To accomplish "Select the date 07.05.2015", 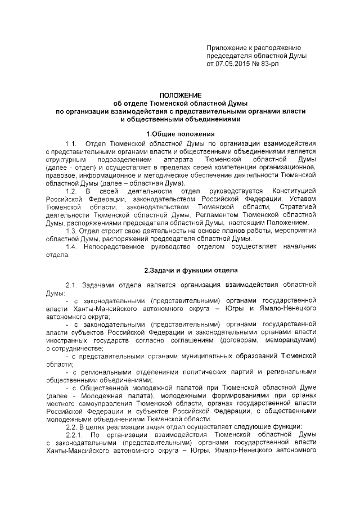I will pos(235,65).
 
